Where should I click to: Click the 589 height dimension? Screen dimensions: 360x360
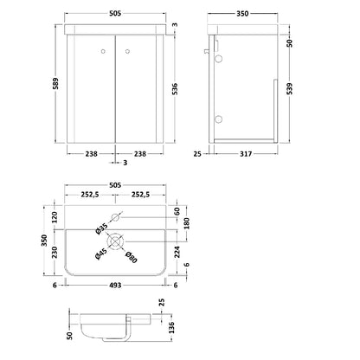click(x=55, y=83)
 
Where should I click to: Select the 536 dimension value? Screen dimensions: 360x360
click(x=175, y=89)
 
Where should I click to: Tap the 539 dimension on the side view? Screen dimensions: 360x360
click(x=290, y=88)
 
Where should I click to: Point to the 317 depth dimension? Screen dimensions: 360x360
click(x=246, y=154)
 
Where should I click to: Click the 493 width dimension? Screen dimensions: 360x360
click(x=115, y=286)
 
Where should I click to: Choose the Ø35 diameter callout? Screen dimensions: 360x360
click(x=101, y=228)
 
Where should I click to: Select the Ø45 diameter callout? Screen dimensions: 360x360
click(x=101, y=254)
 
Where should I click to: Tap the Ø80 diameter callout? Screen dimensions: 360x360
click(x=132, y=257)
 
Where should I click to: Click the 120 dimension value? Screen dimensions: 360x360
click(x=55, y=217)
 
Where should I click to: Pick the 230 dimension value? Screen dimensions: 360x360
click(x=55, y=252)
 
